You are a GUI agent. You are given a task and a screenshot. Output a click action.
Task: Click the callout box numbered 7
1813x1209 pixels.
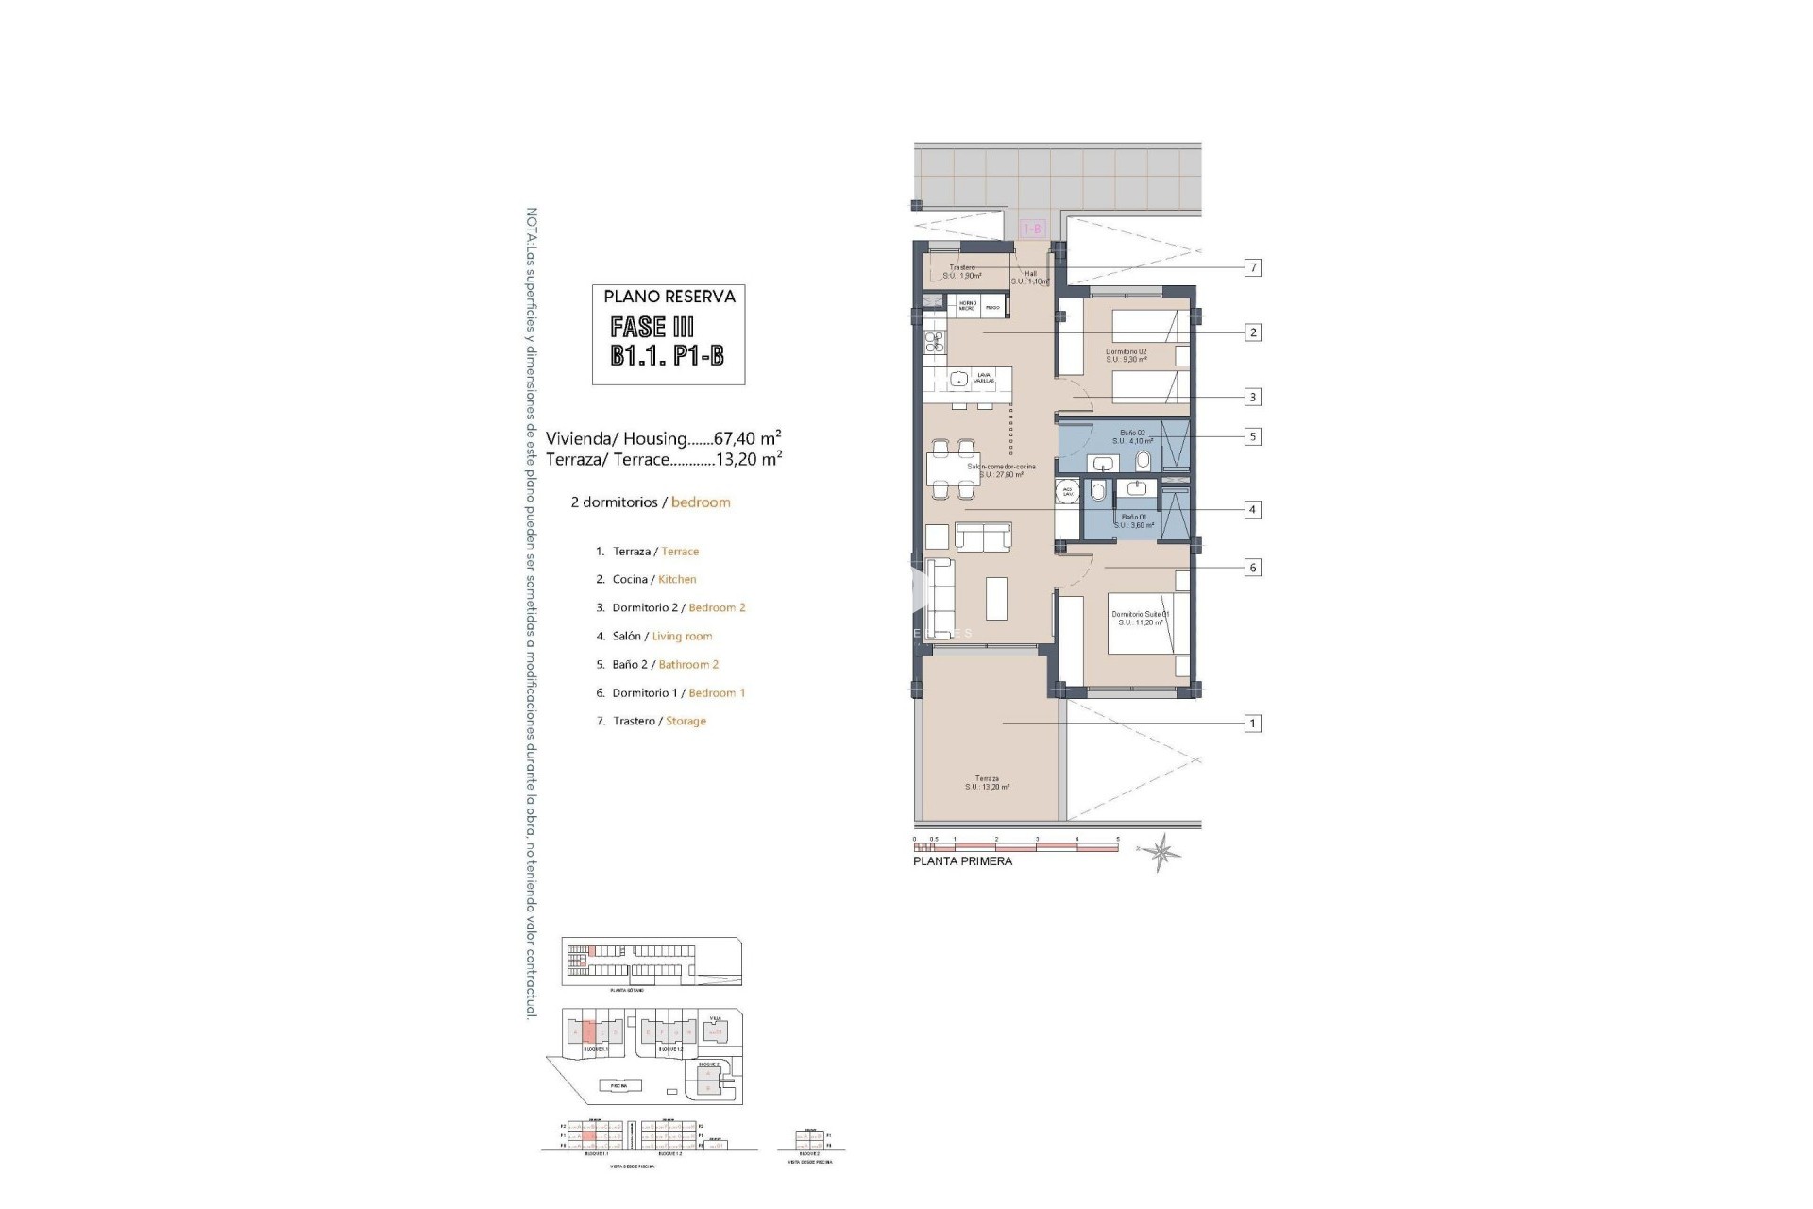click(1253, 268)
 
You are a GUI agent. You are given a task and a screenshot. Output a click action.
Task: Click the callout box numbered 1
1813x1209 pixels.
click(1253, 724)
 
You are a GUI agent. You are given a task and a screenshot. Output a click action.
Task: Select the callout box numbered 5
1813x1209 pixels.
click(1253, 437)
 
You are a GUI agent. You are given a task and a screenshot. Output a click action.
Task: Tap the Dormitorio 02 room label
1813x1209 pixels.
click(1126, 355)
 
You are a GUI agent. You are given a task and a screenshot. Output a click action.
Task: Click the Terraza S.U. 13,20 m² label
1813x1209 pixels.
click(988, 783)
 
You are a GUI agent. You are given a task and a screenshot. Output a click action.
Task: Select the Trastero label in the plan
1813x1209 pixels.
click(962, 272)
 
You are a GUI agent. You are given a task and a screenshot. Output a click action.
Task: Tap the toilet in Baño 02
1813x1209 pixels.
click(1144, 461)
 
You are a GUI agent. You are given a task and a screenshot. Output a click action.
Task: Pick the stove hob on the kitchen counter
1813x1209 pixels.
click(273, 342)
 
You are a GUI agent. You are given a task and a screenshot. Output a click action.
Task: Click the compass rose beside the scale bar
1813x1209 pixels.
click(1161, 852)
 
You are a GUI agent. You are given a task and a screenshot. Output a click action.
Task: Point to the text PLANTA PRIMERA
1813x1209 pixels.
click(962, 861)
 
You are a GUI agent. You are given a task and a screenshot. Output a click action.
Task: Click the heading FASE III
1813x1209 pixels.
click(652, 327)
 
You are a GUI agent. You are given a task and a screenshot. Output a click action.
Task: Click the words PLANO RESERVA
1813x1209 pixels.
click(669, 297)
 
